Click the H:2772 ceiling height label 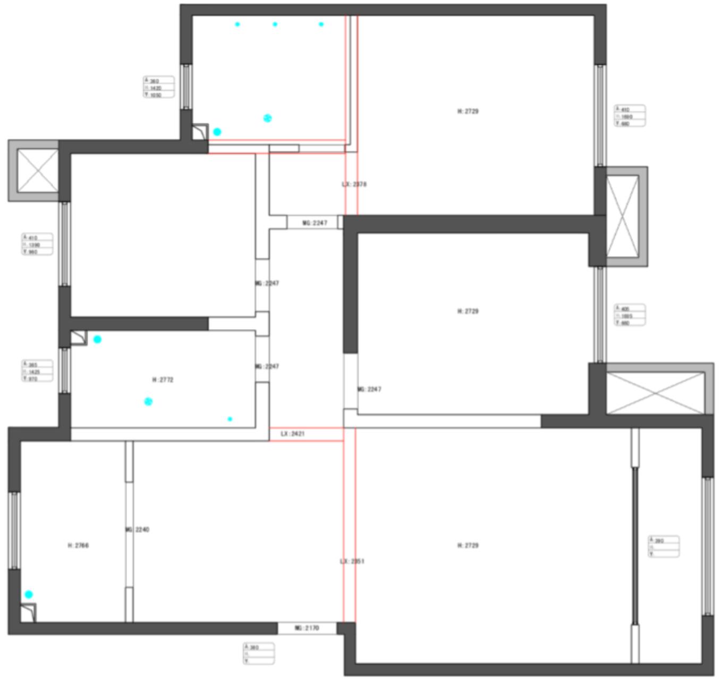(x=163, y=380)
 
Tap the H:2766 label (x=79, y=545)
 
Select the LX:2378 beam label (x=354, y=184)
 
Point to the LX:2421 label (x=293, y=434)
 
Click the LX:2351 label (x=352, y=561)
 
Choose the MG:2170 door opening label (x=307, y=628)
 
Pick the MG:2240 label (x=138, y=529)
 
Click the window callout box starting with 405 (x=630, y=315)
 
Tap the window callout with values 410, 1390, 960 (x=37, y=244)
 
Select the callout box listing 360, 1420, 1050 (x=159, y=87)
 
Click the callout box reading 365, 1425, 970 (x=37, y=371)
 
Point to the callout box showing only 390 (x=664, y=547)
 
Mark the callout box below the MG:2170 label (x=259, y=654)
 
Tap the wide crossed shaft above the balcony (x=656, y=393)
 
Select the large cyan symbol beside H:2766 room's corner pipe (x=29, y=595)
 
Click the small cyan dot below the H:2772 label (x=230, y=419)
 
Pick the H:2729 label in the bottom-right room (x=468, y=545)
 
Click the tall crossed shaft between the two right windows (x=622, y=217)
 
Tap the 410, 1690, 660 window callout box (x=630, y=116)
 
